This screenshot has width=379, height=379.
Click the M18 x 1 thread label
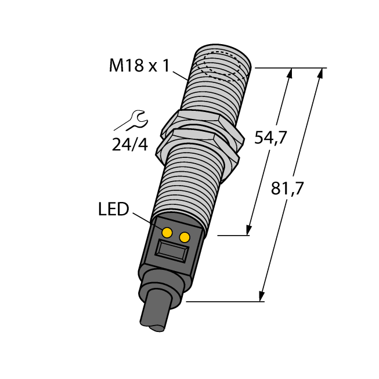tap(139, 65)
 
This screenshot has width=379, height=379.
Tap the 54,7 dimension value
tap(270, 138)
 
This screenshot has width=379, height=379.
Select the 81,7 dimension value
tap(287, 188)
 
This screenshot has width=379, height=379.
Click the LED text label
tap(114, 209)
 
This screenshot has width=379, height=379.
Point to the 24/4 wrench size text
tap(130, 145)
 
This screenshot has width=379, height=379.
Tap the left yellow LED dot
tap(167, 233)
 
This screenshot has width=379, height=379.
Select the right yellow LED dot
tap(185, 237)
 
